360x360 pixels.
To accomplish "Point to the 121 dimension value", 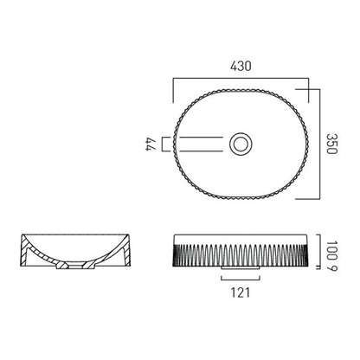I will coord(241,293).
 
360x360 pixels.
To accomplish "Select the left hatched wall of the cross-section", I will coord(35,254).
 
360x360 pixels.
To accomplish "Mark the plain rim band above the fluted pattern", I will coord(241,237).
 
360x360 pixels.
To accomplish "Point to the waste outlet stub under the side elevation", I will coord(241,273).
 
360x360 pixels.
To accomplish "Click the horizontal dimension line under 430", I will coord(241,80).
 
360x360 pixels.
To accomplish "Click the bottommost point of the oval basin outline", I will coord(241,199).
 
